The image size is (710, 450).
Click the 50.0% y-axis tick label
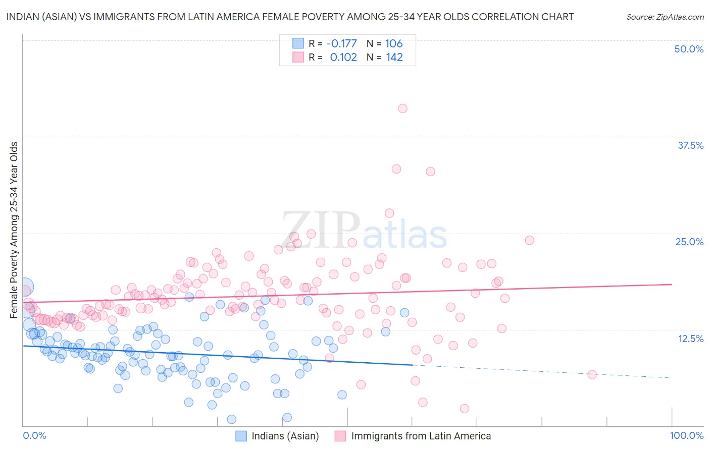coord(689,49)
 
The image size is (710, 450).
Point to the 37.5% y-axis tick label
coord(690,145)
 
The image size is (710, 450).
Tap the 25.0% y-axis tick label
coord(689,242)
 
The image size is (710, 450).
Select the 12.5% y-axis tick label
coord(690,339)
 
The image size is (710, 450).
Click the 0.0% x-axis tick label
coord(35,435)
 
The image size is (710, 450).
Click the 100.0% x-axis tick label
coord(686,435)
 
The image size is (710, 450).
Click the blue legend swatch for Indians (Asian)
coord(241,436)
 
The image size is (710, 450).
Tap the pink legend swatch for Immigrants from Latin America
coord(340,436)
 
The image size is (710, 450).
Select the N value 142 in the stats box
coord(394,58)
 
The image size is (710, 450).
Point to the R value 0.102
coord(343,58)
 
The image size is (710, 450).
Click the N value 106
coord(394,43)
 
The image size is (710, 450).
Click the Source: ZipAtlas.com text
coord(665,17)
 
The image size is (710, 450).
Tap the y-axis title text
coord(14,230)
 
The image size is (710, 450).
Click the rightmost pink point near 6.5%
coord(592,374)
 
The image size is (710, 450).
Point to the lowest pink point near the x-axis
coord(465,409)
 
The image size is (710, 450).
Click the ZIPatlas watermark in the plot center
coord(364,231)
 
